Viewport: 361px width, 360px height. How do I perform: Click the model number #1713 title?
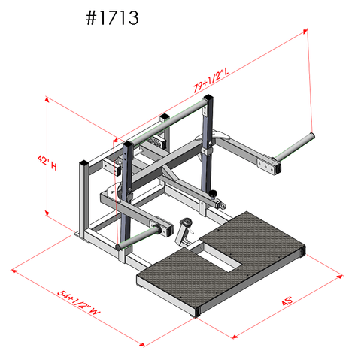pyautogui.click(x=111, y=18)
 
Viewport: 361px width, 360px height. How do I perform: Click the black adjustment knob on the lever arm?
pyautogui.click(x=218, y=201)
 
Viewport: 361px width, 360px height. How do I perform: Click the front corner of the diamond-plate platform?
pyautogui.click(x=198, y=310)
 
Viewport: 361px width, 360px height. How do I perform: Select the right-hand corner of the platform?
pyautogui.click(x=303, y=249)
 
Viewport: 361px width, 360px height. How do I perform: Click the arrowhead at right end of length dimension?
pyautogui.click(x=308, y=30)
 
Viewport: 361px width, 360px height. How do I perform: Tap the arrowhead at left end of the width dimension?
pyautogui.click(x=14, y=267)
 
